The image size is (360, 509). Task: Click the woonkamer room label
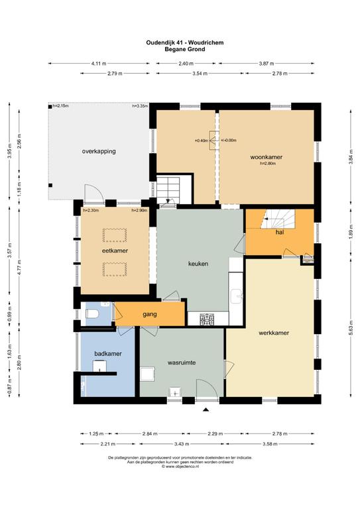point(266,157)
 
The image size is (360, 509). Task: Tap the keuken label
point(198,264)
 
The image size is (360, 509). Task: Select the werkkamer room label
point(274,333)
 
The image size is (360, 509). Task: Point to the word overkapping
point(99,151)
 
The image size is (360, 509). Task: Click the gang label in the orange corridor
point(150,314)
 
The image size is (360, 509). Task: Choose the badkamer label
point(108,353)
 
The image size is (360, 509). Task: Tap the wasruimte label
point(182,363)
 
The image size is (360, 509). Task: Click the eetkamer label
point(115,251)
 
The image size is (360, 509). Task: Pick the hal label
point(280,232)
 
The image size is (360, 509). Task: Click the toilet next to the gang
point(92,314)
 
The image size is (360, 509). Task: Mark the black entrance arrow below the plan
point(206,410)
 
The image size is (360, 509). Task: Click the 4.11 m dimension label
point(99,64)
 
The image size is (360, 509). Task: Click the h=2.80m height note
point(268,164)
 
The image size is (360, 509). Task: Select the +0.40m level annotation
point(202,141)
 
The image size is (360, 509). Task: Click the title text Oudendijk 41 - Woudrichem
point(185,42)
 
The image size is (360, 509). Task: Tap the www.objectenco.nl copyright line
point(180,466)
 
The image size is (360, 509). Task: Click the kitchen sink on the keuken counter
point(236,296)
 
